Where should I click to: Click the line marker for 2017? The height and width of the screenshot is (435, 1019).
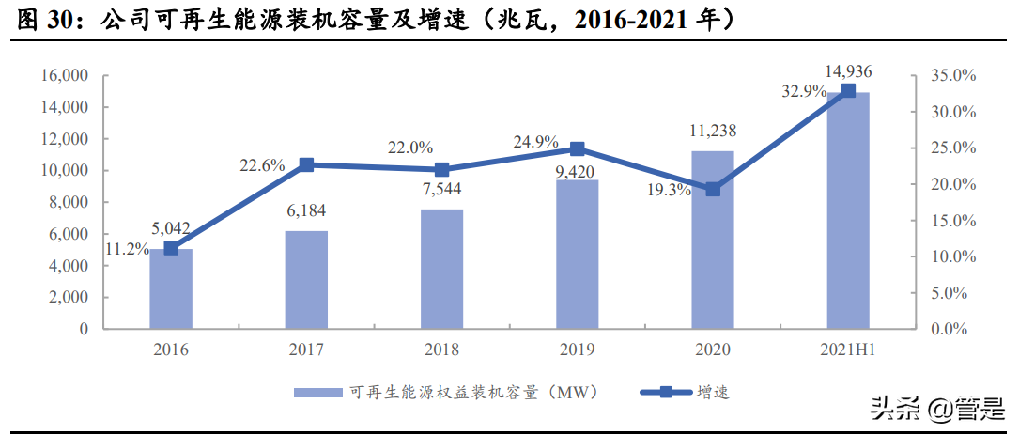[306, 165]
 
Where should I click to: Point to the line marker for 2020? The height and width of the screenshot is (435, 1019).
[713, 189]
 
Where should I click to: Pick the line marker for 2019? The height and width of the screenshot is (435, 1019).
[578, 148]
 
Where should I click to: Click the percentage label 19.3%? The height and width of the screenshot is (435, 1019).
[669, 189]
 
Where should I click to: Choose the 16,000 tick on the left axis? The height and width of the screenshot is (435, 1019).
[64, 76]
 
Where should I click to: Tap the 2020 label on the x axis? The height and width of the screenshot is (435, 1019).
[713, 350]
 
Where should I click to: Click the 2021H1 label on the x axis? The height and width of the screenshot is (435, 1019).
[847, 350]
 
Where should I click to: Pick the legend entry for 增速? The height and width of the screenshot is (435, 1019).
[713, 393]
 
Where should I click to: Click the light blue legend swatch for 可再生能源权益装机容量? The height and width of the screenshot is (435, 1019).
[319, 393]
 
